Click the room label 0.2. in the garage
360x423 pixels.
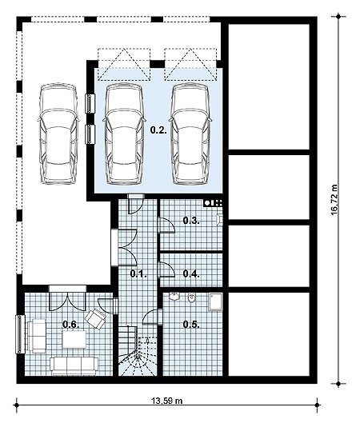[x=158, y=130]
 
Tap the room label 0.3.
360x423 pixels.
[x=191, y=221]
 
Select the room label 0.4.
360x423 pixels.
[x=191, y=273]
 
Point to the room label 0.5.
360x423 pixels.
[x=191, y=325]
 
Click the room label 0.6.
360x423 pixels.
[x=71, y=325]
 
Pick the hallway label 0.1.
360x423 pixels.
[x=138, y=273]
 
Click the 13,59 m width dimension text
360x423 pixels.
[x=166, y=401]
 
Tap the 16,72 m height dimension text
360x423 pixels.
[x=334, y=200]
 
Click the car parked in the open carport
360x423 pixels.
[x=59, y=134]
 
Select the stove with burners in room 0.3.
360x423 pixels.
[x=213, y=203]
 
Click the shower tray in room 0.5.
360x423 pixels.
[x=216, y=302]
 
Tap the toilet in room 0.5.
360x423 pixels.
[x=191, y=297]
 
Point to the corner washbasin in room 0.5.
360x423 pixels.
[x=174, y=296]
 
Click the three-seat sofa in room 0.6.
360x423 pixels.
[x=74, y=365]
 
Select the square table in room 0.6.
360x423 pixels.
[x=74, y=339]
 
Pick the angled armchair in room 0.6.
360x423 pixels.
[x=94, y=318]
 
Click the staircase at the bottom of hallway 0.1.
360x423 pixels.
[x=138, y=350]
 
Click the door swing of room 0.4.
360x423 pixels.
[x=167, y=269]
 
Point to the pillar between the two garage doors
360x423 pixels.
[x=157, y=64]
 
